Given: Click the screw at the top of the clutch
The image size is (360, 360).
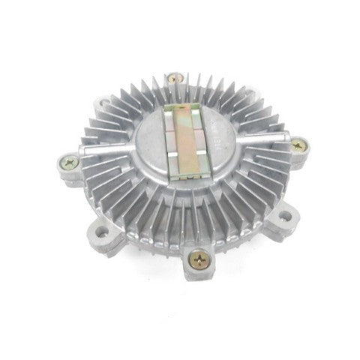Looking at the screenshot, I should pyautogui.click(x=174, y=76).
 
